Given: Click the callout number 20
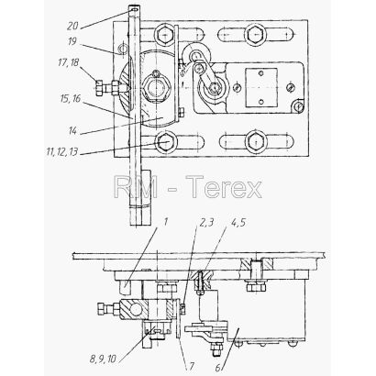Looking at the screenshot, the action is (73, 26).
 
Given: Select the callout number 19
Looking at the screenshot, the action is (72, 41).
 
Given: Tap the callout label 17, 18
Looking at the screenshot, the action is (69, 62).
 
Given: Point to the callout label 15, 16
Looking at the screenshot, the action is (71, 98).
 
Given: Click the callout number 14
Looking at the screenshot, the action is (72, 131).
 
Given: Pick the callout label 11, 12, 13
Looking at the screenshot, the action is (62, 151).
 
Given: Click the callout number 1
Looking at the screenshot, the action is (165, 222).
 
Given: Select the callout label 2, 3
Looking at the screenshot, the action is (206, 223).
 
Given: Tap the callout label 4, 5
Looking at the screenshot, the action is (238, 222).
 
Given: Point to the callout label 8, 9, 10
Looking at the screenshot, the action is (103, 359).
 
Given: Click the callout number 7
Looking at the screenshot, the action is (192, 366).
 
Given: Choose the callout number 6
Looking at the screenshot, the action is (218, 367).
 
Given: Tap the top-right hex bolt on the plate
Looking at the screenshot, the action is (256, 36).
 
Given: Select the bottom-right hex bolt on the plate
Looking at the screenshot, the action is (256, 142).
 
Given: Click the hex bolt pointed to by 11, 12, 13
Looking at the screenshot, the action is (166, 142).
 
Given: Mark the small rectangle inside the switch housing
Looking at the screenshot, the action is (261, 88).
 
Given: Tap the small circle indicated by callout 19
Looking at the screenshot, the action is (123, 48).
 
